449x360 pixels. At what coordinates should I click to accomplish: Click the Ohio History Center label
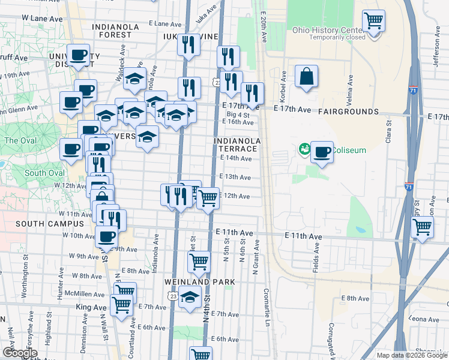pos(328,29)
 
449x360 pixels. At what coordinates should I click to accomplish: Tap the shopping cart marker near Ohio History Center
pos(374,22)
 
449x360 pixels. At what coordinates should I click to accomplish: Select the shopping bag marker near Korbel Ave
pos(306,76)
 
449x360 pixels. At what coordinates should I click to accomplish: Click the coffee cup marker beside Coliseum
pos(322,152)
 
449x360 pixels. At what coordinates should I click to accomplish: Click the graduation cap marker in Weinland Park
pos(190,297)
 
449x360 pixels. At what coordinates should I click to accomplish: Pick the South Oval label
pos(44,173)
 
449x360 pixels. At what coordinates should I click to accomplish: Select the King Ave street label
pos(91,307)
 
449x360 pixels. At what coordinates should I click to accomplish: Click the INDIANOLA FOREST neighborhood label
pos(116,31)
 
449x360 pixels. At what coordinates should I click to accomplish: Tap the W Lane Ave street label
pos(42,19)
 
